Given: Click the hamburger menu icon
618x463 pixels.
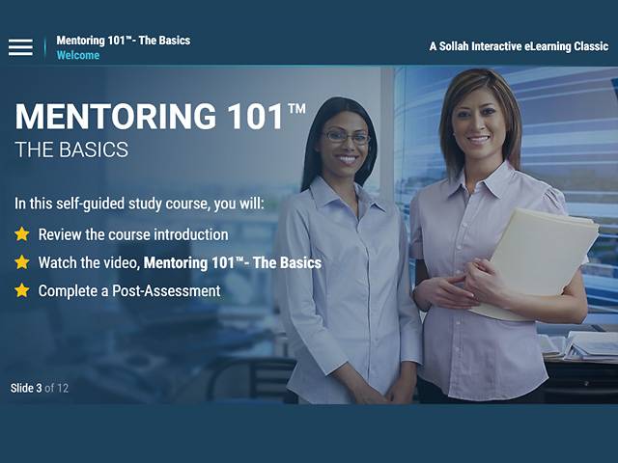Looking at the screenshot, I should click(20, 47).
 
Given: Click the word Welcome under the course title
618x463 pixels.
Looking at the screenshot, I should click(78, 56).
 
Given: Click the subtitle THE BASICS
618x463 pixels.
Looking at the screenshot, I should click(71, 150).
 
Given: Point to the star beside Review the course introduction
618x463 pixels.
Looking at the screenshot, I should click(22, 234).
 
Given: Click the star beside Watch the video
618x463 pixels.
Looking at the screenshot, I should click(22, 262).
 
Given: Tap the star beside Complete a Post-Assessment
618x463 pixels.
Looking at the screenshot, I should click(22, 290).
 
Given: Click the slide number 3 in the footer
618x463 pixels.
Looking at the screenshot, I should click(40, 389).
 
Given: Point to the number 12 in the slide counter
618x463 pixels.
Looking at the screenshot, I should click(63, 389).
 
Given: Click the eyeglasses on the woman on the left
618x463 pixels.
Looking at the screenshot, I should click(346, 137).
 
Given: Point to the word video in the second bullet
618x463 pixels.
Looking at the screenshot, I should click(121, 262).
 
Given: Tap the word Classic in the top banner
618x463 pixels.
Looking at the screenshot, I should click(591, 46).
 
